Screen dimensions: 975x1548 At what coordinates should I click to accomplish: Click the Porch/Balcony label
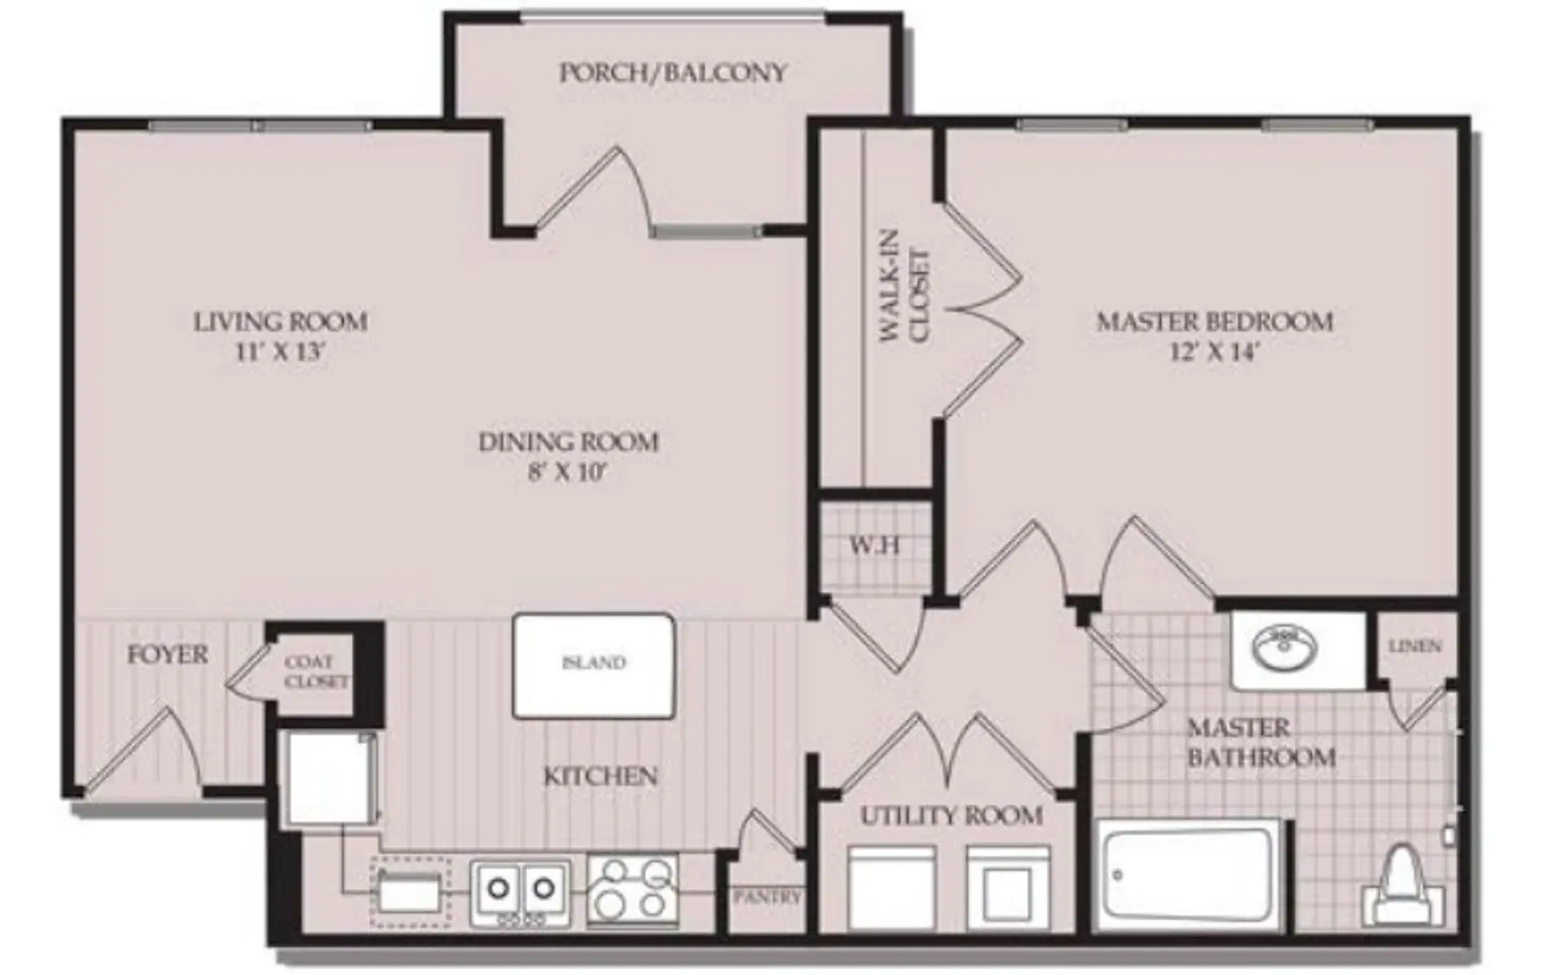pos(673,73)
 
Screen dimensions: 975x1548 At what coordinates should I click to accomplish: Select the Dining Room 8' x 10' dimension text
pos(568,473)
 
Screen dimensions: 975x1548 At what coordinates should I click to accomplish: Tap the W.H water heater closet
pos(874,545)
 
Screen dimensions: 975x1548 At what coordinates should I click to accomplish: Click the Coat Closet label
pos(316,673)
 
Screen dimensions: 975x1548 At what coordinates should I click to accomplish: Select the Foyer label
pos(167,655)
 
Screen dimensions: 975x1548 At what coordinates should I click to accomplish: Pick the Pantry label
pos(766,897)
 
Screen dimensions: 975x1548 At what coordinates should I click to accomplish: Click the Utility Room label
pos(952,816)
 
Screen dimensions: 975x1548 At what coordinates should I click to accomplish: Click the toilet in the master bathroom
pos(1403,888)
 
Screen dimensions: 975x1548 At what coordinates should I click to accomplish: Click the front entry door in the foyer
pos(142,752)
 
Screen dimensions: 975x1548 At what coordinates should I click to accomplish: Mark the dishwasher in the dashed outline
pos(410,892)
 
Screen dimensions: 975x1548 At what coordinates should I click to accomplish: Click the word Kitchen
pos(600,777)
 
